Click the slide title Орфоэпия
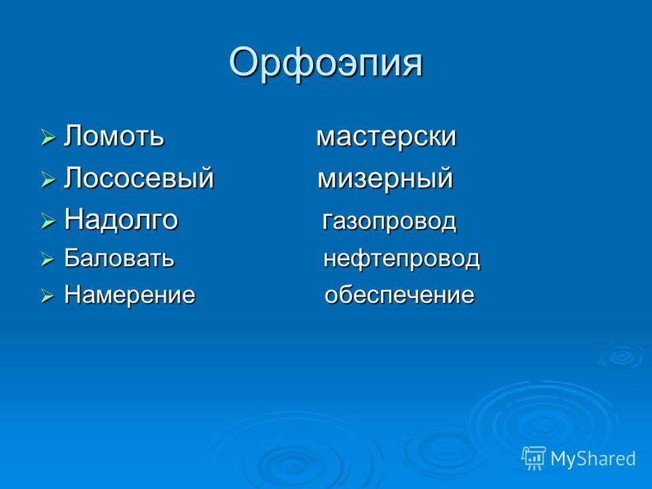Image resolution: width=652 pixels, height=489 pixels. pyautogui.click(x=325, y=63)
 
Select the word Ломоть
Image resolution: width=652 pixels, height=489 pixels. pyautogui.click(x=114, y=136)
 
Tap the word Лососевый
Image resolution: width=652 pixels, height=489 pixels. pyautogui.click(x=139, y=177)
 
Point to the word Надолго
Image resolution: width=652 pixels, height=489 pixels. pyautogui.click(x=121, y=219)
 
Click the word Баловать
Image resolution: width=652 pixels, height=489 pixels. pyautogui.click(x=119, y=258)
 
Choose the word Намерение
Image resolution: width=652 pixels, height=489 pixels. pyautogui.click(x=130, y=294)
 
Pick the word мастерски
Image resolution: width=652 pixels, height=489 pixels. pyautogui.click(x=386, y=137)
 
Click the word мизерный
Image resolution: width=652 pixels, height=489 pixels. pyautogui.click(x=385, y=179)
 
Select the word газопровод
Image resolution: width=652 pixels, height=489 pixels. pyautogui.click(x=389, y=221)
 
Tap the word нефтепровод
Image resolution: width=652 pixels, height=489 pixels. pyautogui.click(x=401, y=259)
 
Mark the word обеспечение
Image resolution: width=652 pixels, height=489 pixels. pyautogui.click(x=399, y=295)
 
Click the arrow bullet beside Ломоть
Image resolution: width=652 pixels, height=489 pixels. pyautogui.click(x=48, y=137)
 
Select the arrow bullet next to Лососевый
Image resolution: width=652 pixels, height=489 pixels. pyautogui.click(x=48, y=180)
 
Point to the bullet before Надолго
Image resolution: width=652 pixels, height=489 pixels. pyautogui.click(x=48, y=221)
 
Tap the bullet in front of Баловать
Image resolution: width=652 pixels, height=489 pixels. pyautogui.click(x=48, y=260)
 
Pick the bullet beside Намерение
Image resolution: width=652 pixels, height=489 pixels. pyautogui.click(x=48, y=296)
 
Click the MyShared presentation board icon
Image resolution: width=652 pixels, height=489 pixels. pyautogui.click(x=534, y=458)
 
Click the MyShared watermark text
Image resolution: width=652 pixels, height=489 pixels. pyautogui.click(x=593, y=458)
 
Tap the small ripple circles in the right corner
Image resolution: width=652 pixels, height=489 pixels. pyautogui.click(x=621, y=356)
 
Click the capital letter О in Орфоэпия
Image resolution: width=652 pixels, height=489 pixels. pyautogui.click(x=243, y=62)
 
